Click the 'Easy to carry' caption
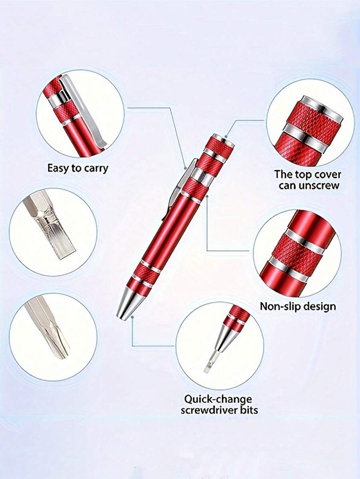(x=78, y=168)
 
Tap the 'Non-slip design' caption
(x=298, y=306)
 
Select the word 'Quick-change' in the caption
(x=218, y=399)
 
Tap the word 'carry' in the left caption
(x=96, y=168)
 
